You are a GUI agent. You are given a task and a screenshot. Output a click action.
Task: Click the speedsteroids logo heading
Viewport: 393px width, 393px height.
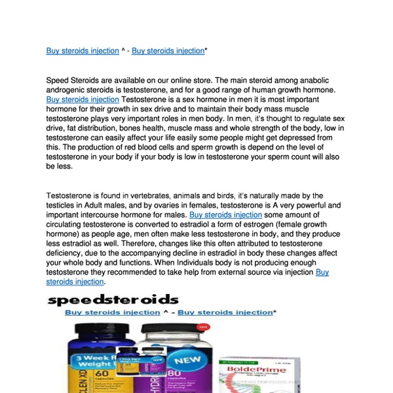click(113, 301)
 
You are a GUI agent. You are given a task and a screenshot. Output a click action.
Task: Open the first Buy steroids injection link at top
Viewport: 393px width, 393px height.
click(83, 50)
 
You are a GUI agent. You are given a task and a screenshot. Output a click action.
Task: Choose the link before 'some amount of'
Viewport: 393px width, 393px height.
click(226, 214)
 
